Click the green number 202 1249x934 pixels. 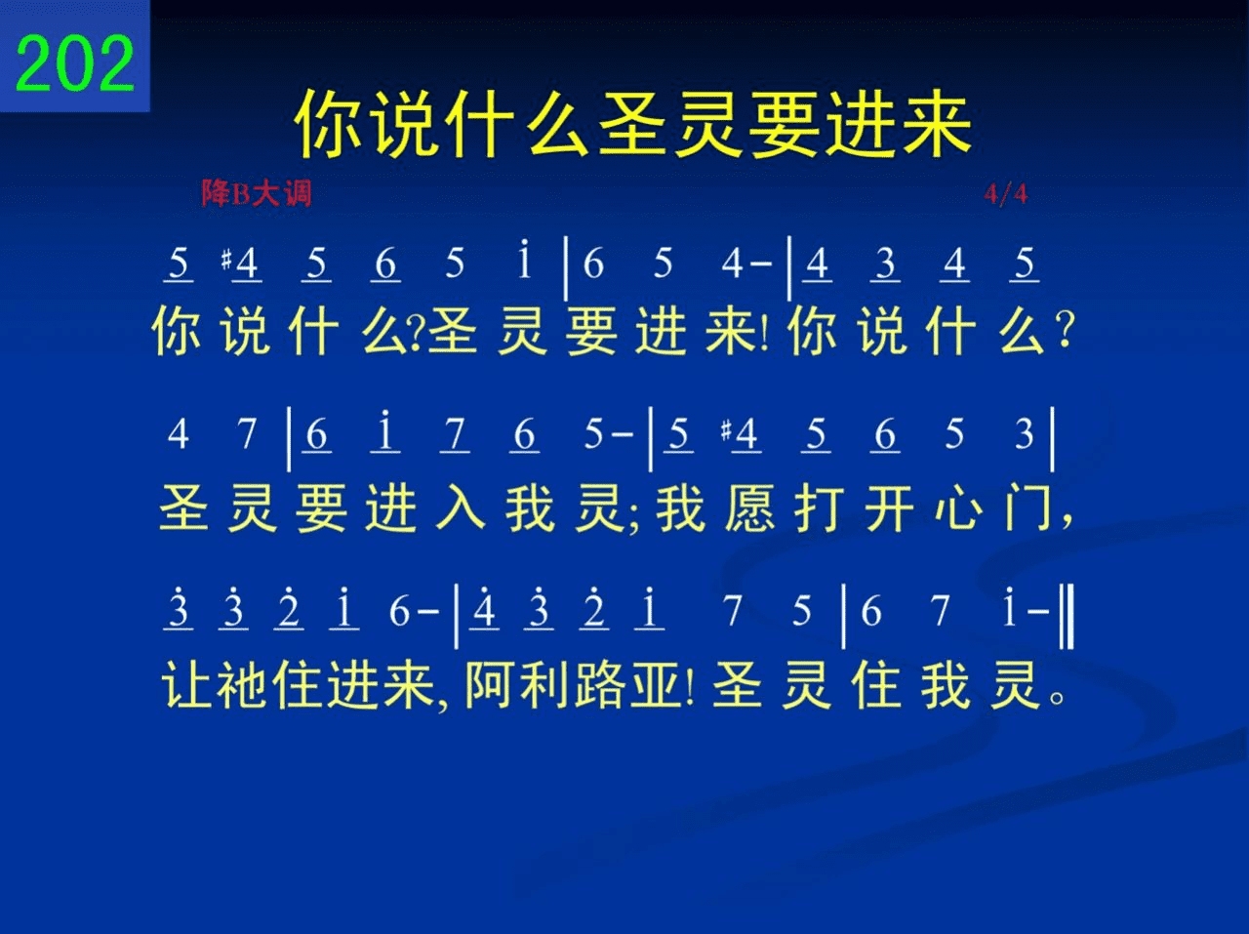click(x=74, y=62)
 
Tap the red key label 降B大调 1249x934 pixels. click(x=257, y=193)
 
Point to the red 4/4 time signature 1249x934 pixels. click(x=1005, y=194)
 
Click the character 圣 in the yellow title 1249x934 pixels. click(x=632, y=123)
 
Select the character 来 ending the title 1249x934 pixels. click(x=936, y=123)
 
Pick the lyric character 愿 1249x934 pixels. click(x=750, y=508)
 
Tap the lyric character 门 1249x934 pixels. click(x=1028, y=508)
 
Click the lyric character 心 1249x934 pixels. click(x=959, y=508)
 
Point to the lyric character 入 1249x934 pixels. click(x=460, y=508)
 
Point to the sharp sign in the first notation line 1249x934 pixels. click(x=226, y=261)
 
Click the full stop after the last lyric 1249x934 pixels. click(x=1057, y=698)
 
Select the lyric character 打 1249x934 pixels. click(x=820, y=508)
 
